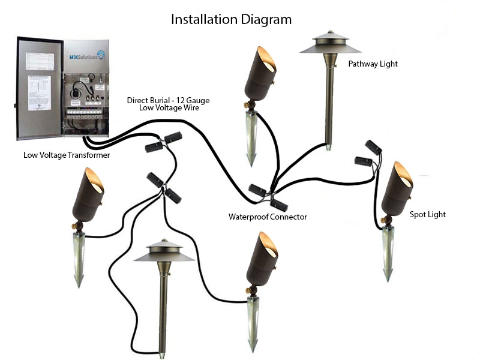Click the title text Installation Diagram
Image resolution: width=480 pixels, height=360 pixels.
pyautogui.click(x=231, y=19)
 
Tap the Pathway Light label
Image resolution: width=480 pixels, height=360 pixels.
pyautogui.click(x=373, y=64)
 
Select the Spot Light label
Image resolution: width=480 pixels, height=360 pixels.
pyautogui.click(x=427, y=214)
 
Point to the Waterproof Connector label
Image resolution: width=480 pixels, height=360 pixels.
pyautogui.click(x=268, y=217)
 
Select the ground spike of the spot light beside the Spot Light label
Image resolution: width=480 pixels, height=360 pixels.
pyautogui.click(x=388, y=255)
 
